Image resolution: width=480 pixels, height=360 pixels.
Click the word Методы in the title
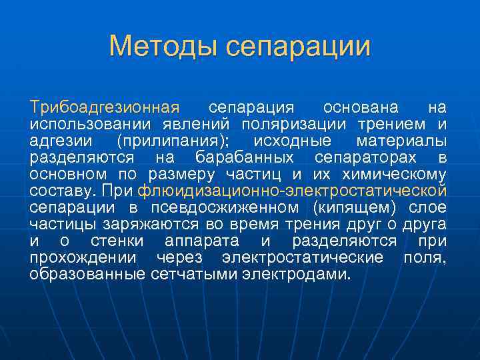(x=163, y=46)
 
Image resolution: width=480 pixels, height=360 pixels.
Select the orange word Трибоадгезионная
(x=104, y=107)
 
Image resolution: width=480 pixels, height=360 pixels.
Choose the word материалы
(x=401, y=141)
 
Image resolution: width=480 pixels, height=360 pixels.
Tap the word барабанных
(x=245, y=157)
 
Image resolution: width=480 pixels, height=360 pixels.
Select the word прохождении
(x=83, y=257)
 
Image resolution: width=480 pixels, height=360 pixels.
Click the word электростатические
(x=303, y=257)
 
